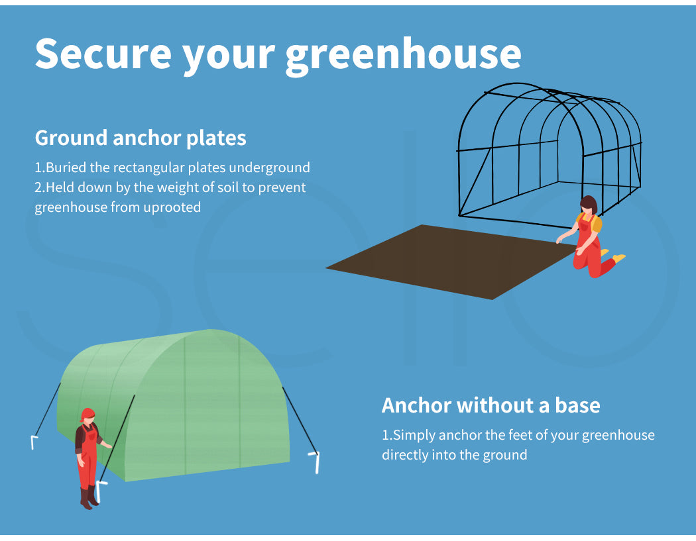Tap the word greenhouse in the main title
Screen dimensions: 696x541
tap(403, 55)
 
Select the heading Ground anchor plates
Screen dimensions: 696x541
tap(141, 138)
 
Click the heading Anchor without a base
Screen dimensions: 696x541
tap(491, 405)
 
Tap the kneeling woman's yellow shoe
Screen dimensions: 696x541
tap(618, 257)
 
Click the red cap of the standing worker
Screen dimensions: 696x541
tap(87, 414)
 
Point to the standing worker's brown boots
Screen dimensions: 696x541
tap(88, 497)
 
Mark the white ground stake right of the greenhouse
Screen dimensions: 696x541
tap(315, 462)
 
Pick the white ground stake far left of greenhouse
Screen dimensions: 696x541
tap(34, 442)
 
